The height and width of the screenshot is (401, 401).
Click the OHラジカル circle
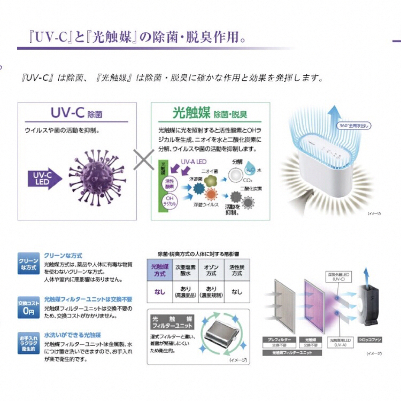pos(169,202)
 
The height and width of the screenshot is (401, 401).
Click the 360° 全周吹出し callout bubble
pos(355,125)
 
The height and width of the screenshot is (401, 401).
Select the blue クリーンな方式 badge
pos(28,264)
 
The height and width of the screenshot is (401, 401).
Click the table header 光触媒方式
pos(160,270)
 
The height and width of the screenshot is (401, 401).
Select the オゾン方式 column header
pos(211,270)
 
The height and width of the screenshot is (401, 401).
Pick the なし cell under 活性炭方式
pos(237,292)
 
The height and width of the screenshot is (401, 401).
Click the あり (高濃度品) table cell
pos(186,292)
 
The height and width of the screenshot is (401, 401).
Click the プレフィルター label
pos(277,339)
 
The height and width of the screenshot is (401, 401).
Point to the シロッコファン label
pos(369,339)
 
